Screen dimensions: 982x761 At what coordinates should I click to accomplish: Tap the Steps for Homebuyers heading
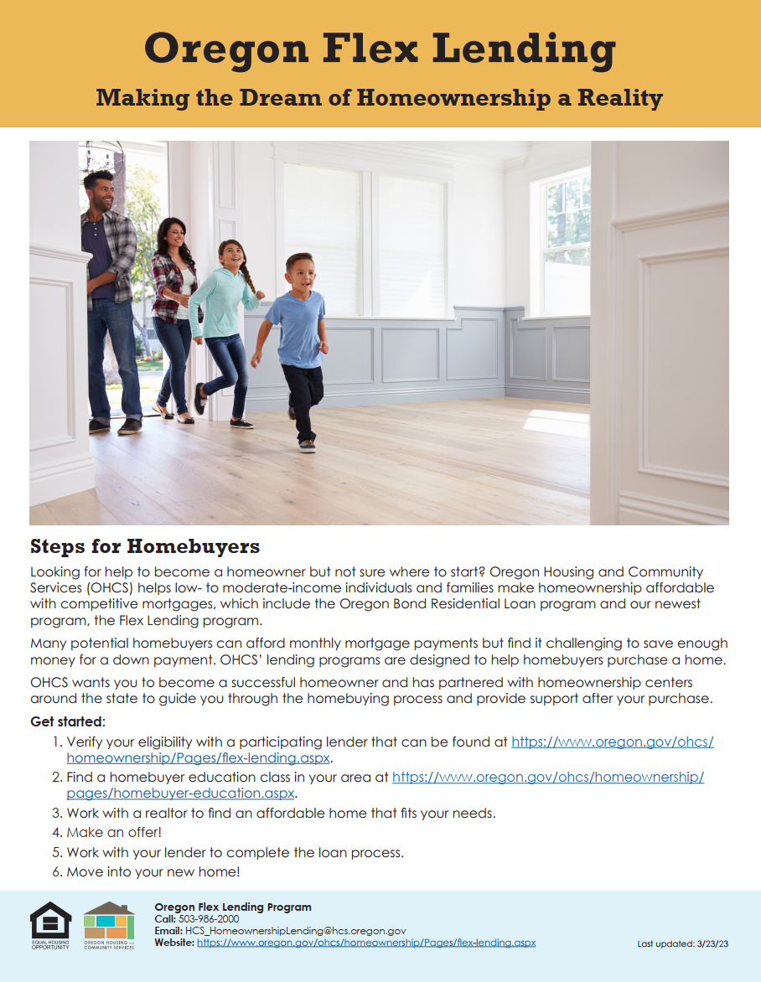click(x=145, y=547)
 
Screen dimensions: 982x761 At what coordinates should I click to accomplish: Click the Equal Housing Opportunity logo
click(x=50, y=925)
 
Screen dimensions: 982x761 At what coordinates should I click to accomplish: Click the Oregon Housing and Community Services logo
click(x=109, y=925)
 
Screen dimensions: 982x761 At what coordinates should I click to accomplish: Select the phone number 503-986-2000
click(x=209, y=919)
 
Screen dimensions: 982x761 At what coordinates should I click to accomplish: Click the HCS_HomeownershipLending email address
click(x=296, y=931)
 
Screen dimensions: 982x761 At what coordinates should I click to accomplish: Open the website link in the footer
click(x=366, y=943)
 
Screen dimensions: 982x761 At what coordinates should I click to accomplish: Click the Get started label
click(x=68, y=721)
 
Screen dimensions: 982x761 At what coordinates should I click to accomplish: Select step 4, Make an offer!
click(x=114, y=832)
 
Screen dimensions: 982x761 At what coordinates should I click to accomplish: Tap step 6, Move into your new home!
click(x=153, y=872)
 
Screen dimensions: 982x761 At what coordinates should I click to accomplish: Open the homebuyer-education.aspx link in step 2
click(x=181, y=793)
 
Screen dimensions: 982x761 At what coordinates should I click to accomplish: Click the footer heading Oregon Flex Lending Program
click(x=233, y=907)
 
